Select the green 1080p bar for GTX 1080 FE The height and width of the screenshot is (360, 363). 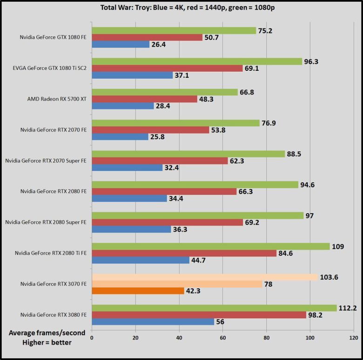(174, 30)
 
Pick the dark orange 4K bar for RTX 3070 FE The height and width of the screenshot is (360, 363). (138, 291)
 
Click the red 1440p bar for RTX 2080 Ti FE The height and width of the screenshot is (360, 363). (184, 253)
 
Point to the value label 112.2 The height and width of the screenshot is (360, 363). (348, 307)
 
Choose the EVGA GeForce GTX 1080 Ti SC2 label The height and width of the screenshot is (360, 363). (50, 68)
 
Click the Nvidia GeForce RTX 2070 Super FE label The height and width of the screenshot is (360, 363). (46, 161)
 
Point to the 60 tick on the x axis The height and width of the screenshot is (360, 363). (223, 338)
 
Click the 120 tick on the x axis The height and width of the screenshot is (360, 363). (354, 338)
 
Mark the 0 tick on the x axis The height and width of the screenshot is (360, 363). (92, 338)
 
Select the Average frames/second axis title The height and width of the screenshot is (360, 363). (40, 333)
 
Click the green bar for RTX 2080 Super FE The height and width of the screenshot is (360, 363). (198, 215)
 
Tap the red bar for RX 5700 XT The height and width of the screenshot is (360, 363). (145, 99)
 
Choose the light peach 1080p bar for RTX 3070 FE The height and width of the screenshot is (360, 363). (205, 277)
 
